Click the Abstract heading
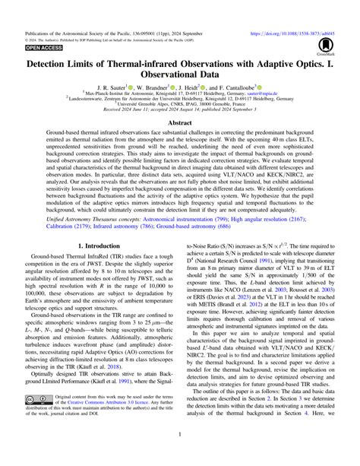pos(179,122)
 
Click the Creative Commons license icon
pos(39,420)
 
